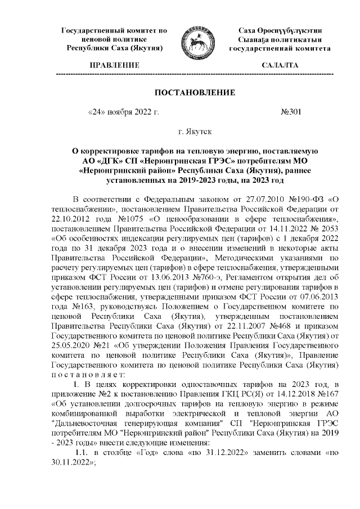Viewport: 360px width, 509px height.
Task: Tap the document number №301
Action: coord(291,111)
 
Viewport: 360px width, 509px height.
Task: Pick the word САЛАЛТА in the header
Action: coord(280,65)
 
